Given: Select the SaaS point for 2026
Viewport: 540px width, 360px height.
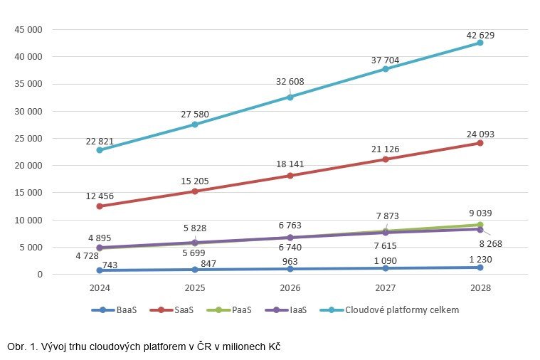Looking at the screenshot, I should click(290, 175).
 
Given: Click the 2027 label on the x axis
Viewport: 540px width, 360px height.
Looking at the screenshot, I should click(385, 289).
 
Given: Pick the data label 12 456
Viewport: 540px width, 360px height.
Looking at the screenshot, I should click(100, 196).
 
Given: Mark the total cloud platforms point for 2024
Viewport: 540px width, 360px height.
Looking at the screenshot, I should click(100, 150).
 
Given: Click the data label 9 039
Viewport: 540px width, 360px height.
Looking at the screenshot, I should click(480, 212).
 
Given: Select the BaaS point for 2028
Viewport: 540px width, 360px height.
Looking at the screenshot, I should click(480, 268).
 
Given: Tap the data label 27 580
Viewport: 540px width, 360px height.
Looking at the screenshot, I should click(195, 114).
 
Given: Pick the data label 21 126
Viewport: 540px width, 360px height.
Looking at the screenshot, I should click(385, 148).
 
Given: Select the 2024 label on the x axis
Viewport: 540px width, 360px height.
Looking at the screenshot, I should click(100, 289).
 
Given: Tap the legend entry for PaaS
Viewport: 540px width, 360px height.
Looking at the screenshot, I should click(233, 309).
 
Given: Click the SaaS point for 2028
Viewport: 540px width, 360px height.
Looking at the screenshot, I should click(480, 143).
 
